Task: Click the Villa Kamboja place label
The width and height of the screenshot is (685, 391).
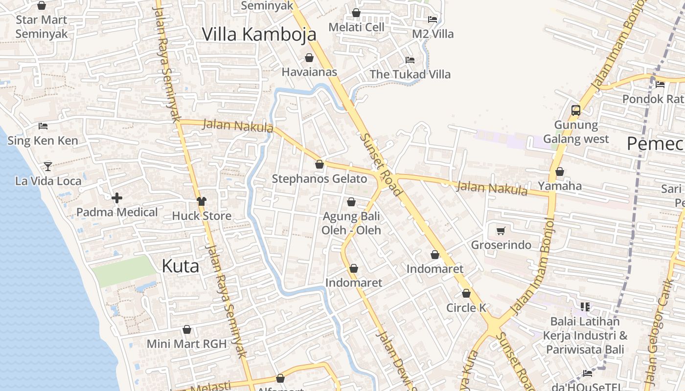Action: tap(259, 34)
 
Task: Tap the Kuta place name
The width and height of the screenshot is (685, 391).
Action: tap(180, 266)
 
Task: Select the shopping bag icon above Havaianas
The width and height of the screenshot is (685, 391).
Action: tap(309, 58)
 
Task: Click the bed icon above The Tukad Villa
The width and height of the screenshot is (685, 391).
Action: tap(410, 60)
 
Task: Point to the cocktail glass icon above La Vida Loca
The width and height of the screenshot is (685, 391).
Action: tap(47, 167)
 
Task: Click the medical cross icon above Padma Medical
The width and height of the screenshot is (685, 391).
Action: tap(116, 198)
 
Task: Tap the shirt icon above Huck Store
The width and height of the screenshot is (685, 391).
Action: tap(201, 201)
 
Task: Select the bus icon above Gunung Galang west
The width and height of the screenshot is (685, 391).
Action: tap(576, 110)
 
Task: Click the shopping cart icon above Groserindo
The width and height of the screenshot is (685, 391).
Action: tap(501, 231)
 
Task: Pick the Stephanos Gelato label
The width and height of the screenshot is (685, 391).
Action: tap(320, 179)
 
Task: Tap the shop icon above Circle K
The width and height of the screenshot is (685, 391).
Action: tap(466, 294)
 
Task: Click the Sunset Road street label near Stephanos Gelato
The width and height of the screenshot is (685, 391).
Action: tap(381, 164)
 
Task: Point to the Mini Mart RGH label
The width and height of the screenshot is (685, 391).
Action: tap(187, 344)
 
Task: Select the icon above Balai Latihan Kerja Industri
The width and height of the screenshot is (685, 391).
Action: tap(585, 307)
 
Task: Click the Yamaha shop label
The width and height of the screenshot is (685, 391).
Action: tap(560, 186)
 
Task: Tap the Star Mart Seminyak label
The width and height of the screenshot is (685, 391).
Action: tap(42, 27)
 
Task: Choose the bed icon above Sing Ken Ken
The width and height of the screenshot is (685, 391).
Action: tap(43, 126)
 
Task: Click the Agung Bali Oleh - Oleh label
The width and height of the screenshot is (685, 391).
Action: tap(351, 223)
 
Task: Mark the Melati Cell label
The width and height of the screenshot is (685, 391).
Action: tap(356, 27)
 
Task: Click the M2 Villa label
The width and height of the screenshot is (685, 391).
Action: tap(433, 34)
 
